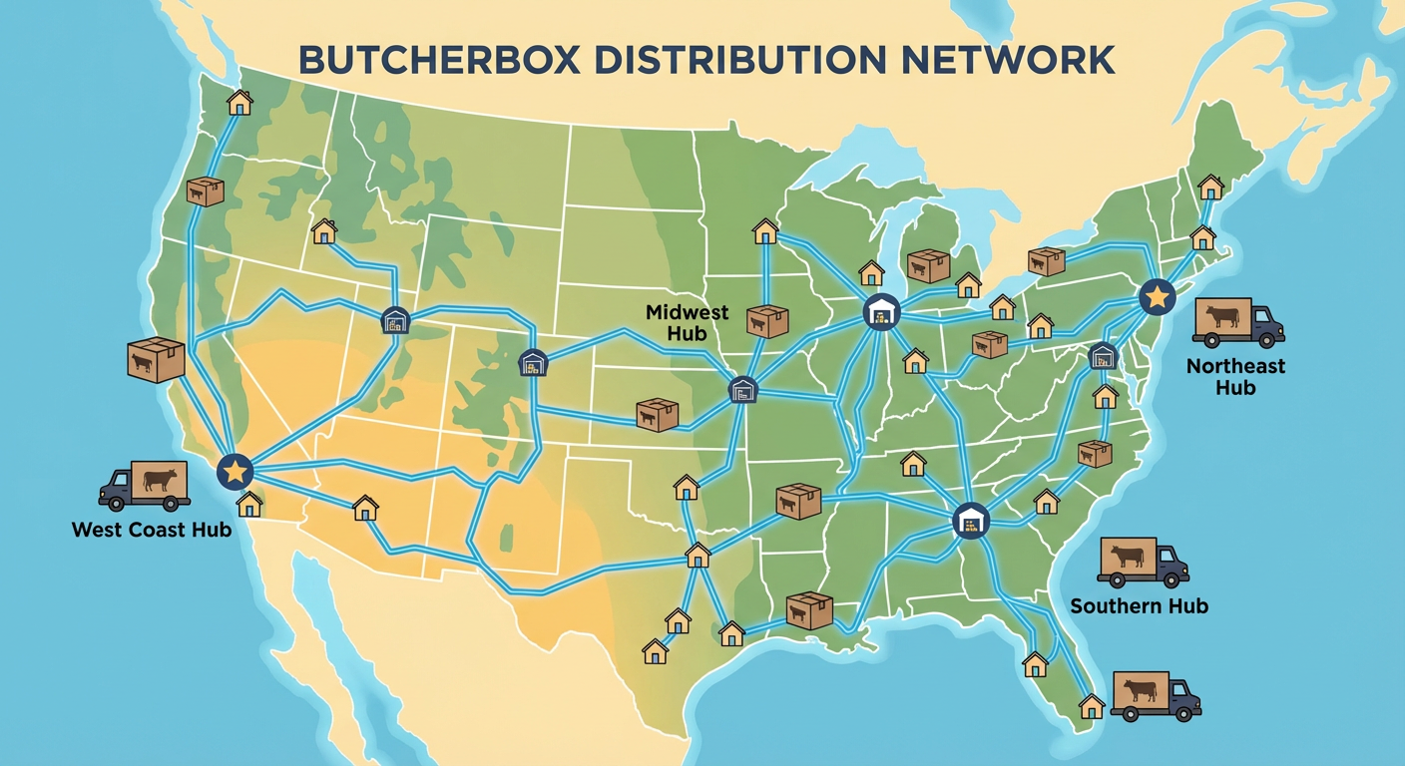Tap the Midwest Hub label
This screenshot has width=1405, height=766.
click(688, 321)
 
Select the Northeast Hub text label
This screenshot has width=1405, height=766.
click(1235, 376)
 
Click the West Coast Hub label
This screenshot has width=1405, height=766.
click(152, 529)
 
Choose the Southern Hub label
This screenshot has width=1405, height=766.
click(1139, 605)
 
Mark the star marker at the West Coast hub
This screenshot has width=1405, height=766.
click(235, 471)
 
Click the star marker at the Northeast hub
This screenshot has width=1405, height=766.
click(1157, 295)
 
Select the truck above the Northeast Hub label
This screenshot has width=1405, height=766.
click(1237, 322)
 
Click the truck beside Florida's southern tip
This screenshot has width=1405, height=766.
click(1155, 695)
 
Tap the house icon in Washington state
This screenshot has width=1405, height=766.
click(239, 102)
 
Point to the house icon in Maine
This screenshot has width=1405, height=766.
click(1210, 187)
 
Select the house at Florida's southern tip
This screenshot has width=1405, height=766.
click(1092, 706)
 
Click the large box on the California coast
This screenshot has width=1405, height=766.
click(157, 358)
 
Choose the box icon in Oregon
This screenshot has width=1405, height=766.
click(205, 191)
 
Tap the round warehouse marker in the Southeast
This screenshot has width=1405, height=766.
click(970, 521)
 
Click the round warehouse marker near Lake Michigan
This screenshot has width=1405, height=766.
click(881, 311)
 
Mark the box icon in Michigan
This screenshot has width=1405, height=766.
click(928, 265)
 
